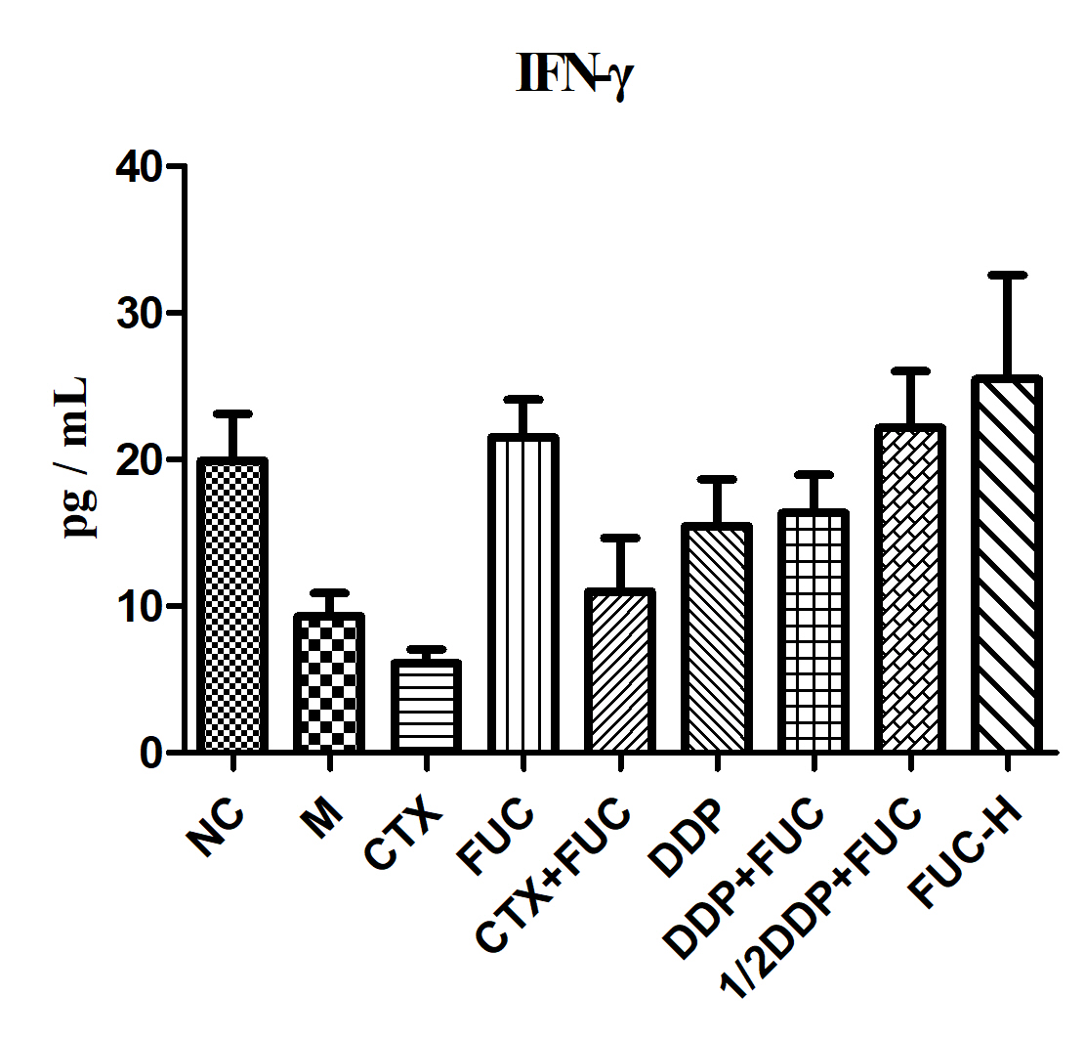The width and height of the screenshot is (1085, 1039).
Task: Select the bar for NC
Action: (x=231, y=606)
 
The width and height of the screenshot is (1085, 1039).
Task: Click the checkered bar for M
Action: (x=329, y=684)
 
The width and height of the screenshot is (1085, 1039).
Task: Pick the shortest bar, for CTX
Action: (x=427, y=707)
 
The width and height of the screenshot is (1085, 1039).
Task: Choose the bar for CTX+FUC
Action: (x=621, y=672)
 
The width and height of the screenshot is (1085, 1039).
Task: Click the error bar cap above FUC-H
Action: (x=1007, y=275)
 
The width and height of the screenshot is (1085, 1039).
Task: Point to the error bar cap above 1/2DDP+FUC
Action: (x=910, y=370)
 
